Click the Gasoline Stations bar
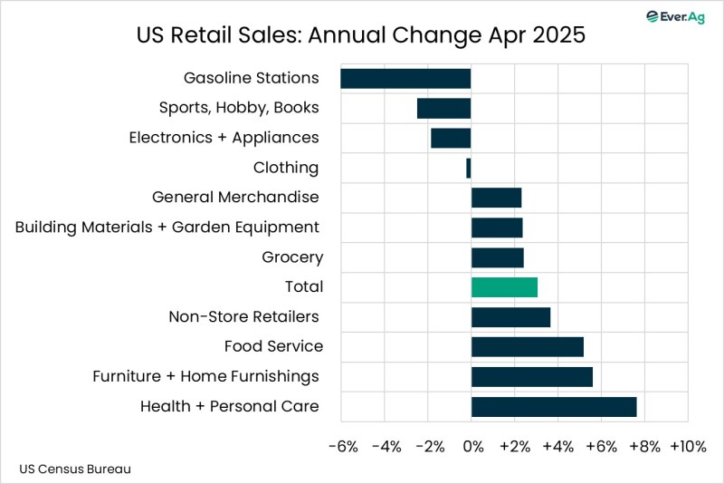point(405,78)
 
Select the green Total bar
point(504,287)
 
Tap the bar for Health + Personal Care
point(554,407)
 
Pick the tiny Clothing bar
point(469,168)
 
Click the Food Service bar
point(528,347)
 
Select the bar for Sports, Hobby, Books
point(443,108)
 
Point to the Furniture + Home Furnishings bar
point(532,377)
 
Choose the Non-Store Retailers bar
point(510,317)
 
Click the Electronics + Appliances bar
point(451,138)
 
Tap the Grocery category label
point(292,257)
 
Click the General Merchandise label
point(235,198)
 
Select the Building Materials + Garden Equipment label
point(167,227)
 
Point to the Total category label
point(304,287)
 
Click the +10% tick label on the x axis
point(688,447)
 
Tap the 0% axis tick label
point(472,447)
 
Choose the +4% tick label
point(558,447)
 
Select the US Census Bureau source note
point(75,469)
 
